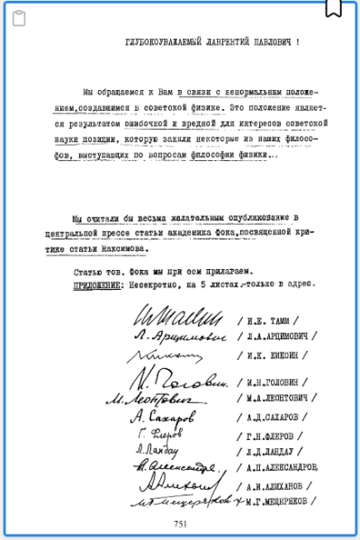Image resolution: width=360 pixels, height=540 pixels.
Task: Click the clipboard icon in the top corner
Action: point(19,17)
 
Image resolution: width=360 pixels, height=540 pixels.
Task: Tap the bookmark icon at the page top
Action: point(333,7)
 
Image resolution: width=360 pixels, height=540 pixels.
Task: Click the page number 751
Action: point(180,524)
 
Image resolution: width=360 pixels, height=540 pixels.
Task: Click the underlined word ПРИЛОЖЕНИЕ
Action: point(96,282)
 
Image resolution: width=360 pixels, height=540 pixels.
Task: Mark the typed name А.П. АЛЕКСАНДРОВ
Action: point(283,467)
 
